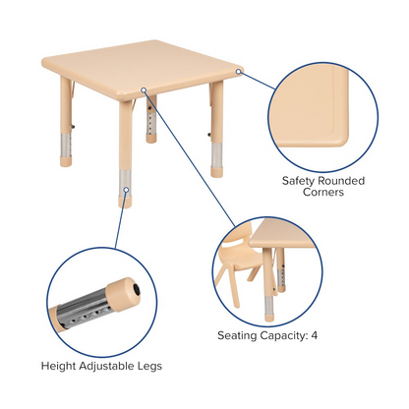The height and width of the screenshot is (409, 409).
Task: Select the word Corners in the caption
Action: click(323, 192)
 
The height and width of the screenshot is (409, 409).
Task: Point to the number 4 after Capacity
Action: click(314, 335)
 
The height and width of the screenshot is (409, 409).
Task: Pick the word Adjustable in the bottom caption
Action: click(105, 366)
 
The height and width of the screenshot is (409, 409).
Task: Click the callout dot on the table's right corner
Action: click(239, 71)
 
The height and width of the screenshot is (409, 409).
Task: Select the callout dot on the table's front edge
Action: click(144, 89)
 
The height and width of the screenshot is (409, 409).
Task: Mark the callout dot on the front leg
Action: click(126, 190)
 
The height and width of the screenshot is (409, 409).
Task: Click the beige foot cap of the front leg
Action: click(125, 202)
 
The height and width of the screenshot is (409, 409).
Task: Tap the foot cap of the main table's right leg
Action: click(216, 172)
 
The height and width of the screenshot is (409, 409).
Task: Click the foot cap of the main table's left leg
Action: click(66, 161)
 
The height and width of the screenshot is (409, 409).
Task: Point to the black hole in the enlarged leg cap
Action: click(137, 289)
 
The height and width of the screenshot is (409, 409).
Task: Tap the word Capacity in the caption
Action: click(283, 335)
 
